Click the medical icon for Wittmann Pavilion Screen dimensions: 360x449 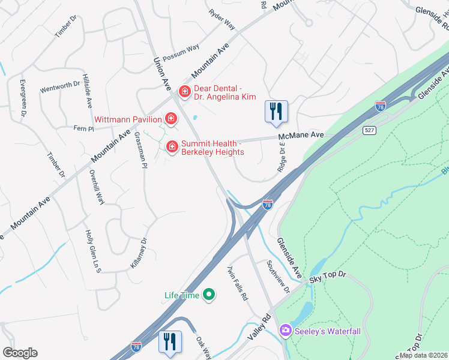(172, 118)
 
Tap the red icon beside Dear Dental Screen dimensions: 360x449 (185, 92)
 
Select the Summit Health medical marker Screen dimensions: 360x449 (172, 146)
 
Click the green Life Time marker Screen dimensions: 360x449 (209, 295)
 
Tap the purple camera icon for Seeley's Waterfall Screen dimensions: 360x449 (285, 331)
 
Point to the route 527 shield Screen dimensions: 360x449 (369, 130)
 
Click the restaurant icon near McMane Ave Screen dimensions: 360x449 (276, 112)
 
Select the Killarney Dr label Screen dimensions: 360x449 (139, 253)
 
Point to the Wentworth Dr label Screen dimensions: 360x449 (60, 87)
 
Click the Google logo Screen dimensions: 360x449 (20, 353)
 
